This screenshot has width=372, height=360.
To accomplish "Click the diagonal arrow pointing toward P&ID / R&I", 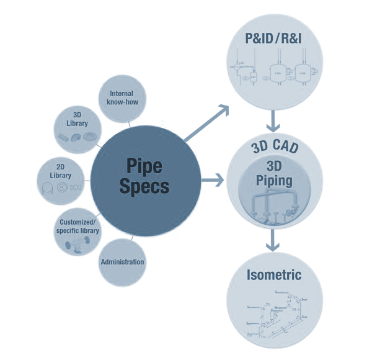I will [208, 122].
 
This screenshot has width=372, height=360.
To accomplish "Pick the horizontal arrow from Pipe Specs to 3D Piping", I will [213, 182].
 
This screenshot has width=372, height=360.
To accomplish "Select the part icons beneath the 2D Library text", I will [60, 190].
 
